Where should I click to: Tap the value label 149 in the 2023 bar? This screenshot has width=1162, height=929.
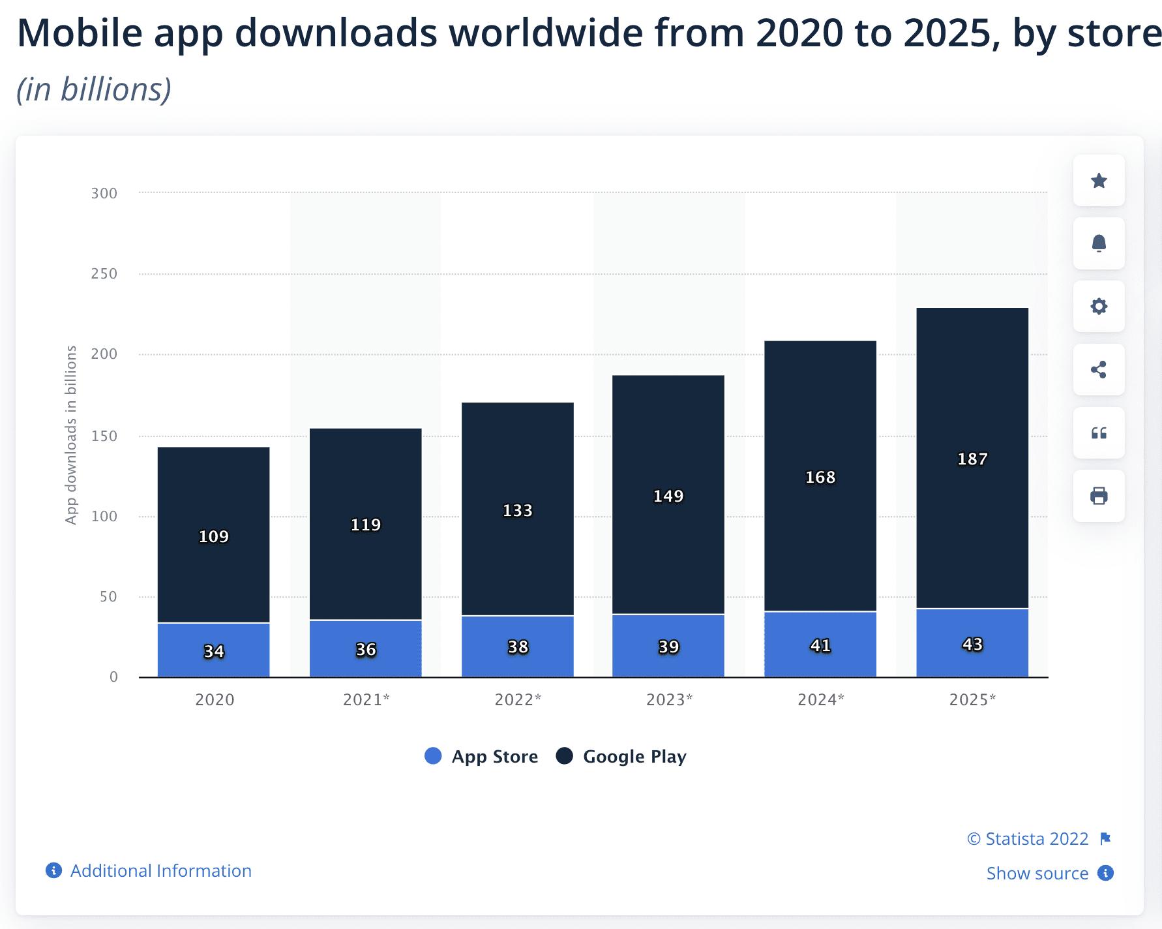click(x=668, y=496)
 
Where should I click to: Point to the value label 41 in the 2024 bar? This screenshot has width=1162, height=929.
click(x=820, y=646)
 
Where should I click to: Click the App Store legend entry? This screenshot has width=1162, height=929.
click(x=481, y=757)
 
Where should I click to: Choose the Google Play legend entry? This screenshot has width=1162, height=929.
click(x=621, y=757)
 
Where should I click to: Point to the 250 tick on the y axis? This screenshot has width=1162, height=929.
click(x=104, y=274)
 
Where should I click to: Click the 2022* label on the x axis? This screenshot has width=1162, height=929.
click(x=518, y=700)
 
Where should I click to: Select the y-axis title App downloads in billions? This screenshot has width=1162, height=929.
click(x=70, y=434)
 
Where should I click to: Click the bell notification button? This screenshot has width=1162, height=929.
click(x=1099, y=243)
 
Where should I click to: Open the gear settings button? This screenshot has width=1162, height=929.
click(x=1099, y=307)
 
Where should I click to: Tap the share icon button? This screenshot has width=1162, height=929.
click(x=1099, y=370)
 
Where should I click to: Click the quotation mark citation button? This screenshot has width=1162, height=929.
click(x=1099, y=433)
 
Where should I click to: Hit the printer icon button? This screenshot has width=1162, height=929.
click(x=1099, y=496)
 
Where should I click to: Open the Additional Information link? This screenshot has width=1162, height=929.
click(x=160, y=871)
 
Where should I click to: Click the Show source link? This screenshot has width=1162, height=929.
click(x=1037, y=874)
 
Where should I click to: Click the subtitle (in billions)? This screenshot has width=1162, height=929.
click(x=94, y=89)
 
